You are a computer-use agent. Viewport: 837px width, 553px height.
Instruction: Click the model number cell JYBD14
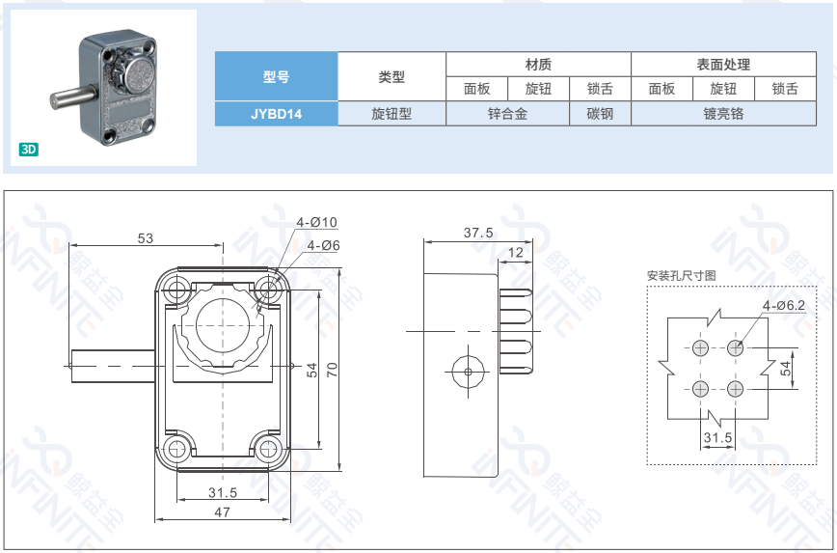[276, 113]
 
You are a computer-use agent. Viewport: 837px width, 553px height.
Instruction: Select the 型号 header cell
[276, 77]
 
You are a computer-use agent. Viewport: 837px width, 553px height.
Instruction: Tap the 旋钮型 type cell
[391, 113]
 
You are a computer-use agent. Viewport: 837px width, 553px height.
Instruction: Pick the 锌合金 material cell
[507, 113]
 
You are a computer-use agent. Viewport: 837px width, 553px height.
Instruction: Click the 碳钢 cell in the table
[600, 113]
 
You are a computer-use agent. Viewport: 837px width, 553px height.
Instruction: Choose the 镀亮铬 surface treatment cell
[723, 113]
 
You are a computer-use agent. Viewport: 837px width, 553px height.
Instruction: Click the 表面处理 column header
[723, 65]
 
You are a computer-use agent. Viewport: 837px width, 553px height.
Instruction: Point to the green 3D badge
[28, 150]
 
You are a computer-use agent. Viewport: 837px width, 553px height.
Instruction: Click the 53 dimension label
[146, 237]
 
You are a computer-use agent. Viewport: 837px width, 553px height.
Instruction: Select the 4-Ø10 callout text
[317, 222]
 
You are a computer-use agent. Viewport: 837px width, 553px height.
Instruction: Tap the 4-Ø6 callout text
[324, 246]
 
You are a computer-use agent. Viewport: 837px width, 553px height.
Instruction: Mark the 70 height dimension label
[332, 370]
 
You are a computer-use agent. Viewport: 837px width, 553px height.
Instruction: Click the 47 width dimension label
[223, 512]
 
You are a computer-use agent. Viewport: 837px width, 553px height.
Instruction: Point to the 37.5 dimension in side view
[477, 233]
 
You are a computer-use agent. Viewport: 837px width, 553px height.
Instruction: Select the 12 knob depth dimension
[516, 253]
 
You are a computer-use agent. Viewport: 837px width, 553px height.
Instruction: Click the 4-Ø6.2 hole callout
[783, 305]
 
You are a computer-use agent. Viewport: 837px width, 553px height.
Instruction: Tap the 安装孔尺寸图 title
[681, 275]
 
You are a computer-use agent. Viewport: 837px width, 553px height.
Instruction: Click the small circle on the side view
[468, 371]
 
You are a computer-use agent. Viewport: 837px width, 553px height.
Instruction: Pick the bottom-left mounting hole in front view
[176, 449]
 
